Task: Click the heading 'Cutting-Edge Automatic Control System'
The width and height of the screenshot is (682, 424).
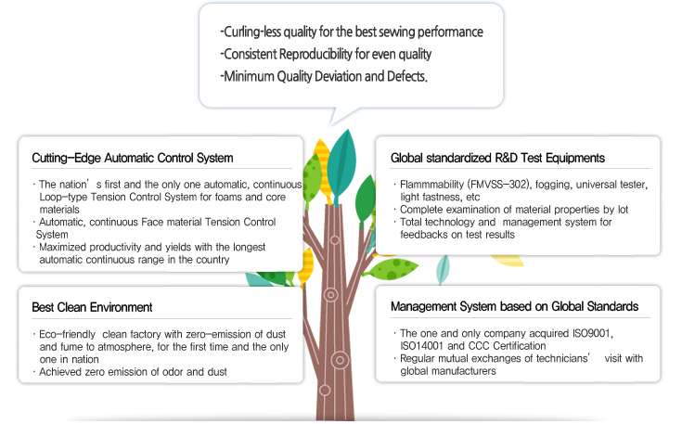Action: click(x=132, y=159)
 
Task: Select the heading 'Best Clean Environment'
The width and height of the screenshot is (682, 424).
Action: click(x=92, y=307)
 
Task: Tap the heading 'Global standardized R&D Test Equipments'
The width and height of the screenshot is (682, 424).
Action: click(x=497, y=158)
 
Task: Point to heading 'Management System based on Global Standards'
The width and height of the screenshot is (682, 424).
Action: click(x=514, y=306)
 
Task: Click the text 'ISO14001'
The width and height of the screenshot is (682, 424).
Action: click(x=423, y=345)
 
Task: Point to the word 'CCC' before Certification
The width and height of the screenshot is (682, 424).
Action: click(x=483, y=345)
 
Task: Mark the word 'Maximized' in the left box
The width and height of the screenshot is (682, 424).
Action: click(x=64, y=249)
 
